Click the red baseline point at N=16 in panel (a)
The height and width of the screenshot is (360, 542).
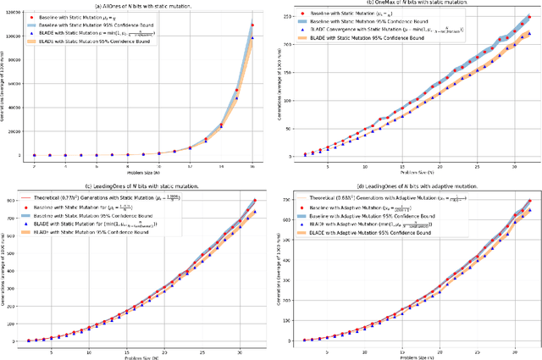(x=252, y=25)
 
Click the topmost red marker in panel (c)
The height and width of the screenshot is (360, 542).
(x=254, y=201)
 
